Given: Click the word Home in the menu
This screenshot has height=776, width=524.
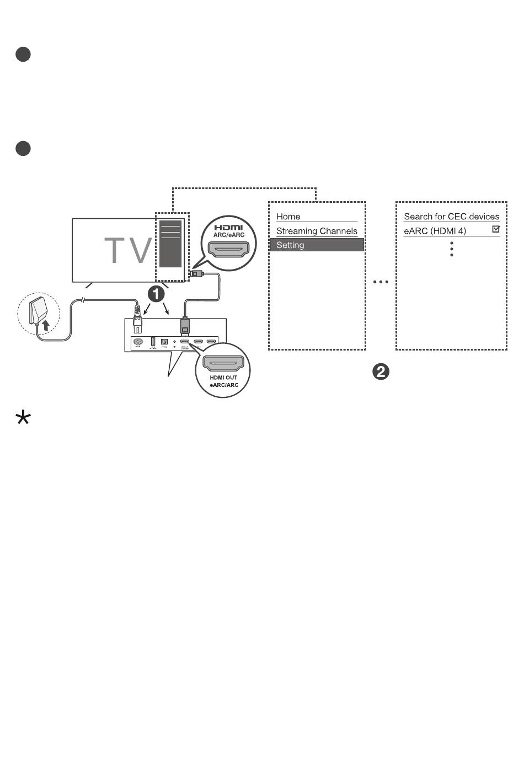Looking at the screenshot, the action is tap(288, 217).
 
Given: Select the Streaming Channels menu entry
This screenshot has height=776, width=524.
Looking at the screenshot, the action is tap(317, 231).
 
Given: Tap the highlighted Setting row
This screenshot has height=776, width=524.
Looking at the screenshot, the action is tap(317, 245).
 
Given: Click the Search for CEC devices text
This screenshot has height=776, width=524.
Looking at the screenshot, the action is tap(451, 217).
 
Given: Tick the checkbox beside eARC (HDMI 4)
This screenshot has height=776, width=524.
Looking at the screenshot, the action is tap(496, 229).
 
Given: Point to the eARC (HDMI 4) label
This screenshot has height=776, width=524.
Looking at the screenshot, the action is tap(435, 231).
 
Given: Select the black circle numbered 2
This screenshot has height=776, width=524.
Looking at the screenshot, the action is tap(381, 371).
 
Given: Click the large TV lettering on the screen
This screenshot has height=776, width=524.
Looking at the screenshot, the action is tap(128, 250).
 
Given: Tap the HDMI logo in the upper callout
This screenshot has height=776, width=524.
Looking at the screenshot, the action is tap(228, 228).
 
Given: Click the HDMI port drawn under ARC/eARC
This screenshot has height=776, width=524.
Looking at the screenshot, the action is tap(228, 251).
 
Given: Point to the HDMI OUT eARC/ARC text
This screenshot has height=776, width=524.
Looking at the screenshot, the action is tap(224, 381).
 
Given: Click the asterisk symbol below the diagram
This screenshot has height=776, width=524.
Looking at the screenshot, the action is tap(23, 418).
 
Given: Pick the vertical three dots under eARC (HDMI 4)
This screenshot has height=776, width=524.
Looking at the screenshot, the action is tap(452, 249).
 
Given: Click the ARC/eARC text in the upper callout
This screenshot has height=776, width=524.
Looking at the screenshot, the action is tap(228, 235).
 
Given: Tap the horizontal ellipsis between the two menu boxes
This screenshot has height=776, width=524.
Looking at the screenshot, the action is tap(381, 282).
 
